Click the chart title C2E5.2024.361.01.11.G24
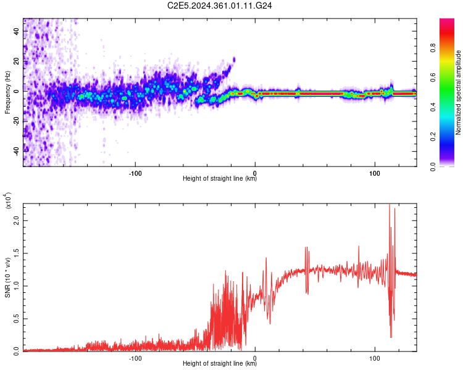click(x=220, y=6)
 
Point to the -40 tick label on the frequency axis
click(x=17, y=149)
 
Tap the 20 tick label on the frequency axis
click(x=17, y=61)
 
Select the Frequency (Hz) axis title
click(x=7, y=93)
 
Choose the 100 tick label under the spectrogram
click(x=375, y=172)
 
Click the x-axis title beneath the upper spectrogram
click(x=220, y=179)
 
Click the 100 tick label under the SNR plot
click(x=375, y=357)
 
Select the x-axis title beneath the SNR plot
click(x=220, y=364)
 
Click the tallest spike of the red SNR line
click(x=390, y=205)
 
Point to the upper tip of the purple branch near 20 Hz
click(x=234, y=59)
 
